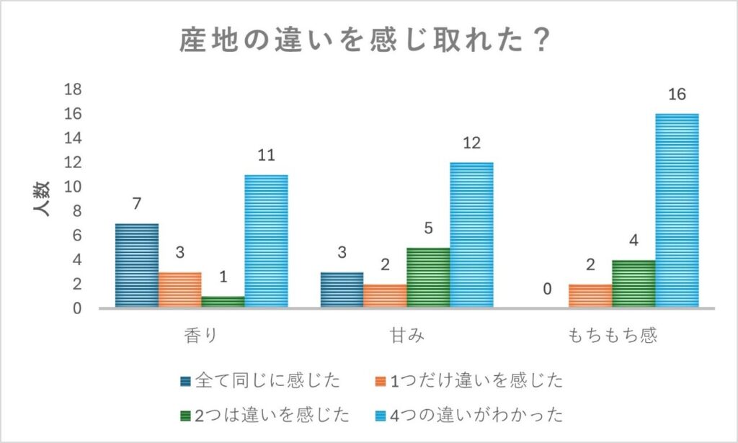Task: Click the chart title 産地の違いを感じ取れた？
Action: click(x=365, y=41)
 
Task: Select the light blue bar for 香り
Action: click(x=266, y=241)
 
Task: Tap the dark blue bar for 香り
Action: click(x=136, y=265)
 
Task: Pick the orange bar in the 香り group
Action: click(x=179, y=290)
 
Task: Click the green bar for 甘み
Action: click(x=428, y=277)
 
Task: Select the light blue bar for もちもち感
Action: click(x=677, y=210)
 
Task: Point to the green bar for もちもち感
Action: click(x=633, y=283)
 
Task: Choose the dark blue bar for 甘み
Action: click(x=342, y=290)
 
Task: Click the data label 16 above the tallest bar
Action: click(x=676, y=94)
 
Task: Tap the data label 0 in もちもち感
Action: click(x=547, y=290)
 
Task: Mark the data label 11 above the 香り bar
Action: click(x=266, y=155)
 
